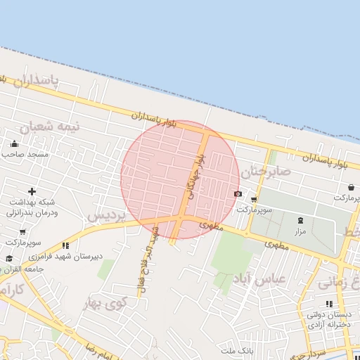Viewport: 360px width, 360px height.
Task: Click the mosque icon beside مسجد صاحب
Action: pyautogui.click(x=13, y=143)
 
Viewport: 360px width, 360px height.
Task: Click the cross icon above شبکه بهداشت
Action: pyautogui.click(x=32, y=191)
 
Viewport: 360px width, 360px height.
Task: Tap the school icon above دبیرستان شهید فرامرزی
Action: pyautogui.click(x=65, y=245)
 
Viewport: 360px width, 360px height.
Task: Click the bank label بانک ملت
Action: pyautogui.click(x=236, y=349)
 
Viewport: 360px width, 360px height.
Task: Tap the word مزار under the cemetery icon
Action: pyautogui.click(x=300, y=231)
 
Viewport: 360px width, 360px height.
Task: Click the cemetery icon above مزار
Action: pyautogui.click(x=301, y=221)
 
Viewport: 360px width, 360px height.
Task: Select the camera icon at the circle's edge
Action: pyautogui.click(x=238, y=194)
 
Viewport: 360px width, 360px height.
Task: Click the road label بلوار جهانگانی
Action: pyautogui.click(x=194, y=175)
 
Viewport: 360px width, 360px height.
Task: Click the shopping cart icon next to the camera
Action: pyautogui.click(x=254, y=200)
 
